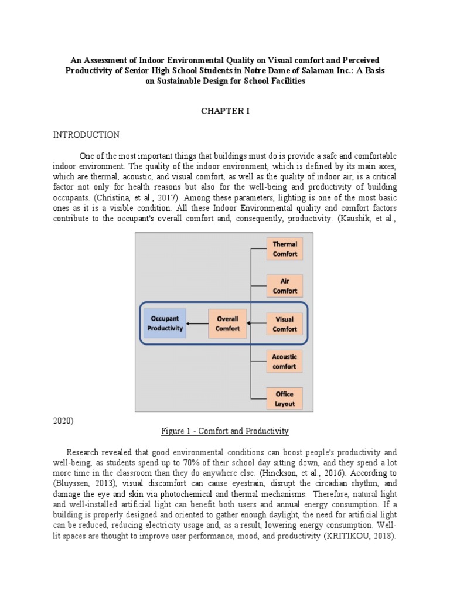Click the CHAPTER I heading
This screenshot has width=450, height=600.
[226, 111]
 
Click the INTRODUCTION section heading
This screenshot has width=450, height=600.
[86, 135]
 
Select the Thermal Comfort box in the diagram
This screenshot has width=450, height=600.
[285, 249]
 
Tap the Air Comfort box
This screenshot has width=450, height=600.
[285, 286]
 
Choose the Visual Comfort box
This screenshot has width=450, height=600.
[285, 324]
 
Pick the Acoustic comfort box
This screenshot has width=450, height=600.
[285, 361]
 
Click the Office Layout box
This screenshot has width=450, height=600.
[285, 398]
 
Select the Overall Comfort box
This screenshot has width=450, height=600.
[227, 324]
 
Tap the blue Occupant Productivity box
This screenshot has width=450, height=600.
[165, 324]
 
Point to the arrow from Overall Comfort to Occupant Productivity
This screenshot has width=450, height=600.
[197, 324]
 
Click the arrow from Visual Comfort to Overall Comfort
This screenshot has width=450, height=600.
[257, 323]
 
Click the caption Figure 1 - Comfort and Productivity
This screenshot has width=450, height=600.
[225, 431]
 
